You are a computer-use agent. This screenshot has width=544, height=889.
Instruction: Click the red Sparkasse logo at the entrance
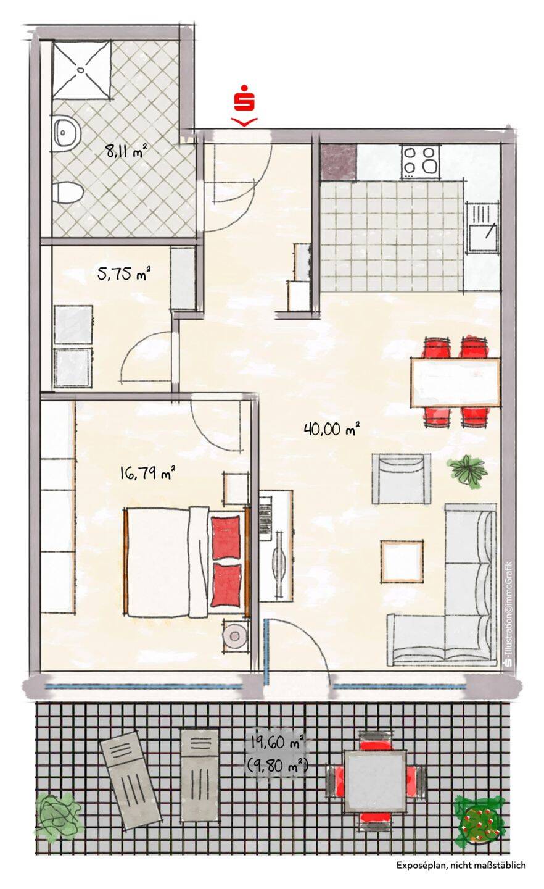pos(244,98)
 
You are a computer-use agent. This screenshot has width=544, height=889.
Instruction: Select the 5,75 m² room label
pos(124,273)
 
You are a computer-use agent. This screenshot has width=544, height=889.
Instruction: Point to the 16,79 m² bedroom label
pos(147,473)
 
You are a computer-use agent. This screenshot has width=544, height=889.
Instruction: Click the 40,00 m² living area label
pos(332,429)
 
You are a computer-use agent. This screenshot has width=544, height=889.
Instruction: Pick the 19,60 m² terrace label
pos(277,742)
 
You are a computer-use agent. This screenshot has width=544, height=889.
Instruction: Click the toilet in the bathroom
pos(68,192)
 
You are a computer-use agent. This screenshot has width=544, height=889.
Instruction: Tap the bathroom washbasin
pos(66,131)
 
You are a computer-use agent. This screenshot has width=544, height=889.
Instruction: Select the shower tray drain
pos(81,70)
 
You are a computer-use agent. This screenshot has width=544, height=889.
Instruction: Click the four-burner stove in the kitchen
pos(421,162)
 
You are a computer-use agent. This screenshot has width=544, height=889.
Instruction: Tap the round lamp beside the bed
pos(235,636)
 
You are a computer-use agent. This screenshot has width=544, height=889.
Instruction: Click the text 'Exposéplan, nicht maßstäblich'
pos(461,873)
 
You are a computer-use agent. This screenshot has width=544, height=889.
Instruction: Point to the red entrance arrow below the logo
pos(244,122)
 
